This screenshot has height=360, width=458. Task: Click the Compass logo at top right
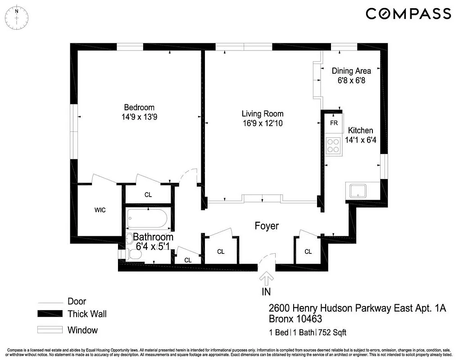pos(408,14)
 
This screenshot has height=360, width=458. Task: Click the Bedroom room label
pos(139,108)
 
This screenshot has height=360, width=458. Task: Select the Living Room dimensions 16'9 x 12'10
pos(263,123)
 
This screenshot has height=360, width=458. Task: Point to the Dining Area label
pos(351,71)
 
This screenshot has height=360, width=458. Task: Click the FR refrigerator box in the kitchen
pos(334,123)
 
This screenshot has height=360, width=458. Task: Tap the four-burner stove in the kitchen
pos(333,145)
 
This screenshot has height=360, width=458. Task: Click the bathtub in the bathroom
pos(147,219)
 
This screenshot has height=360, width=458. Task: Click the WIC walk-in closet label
pos(100,210)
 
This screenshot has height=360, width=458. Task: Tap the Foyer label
pos(267,226)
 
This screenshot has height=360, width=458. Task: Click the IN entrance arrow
pos(267,279)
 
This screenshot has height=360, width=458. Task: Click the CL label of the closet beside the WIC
pos(148,195)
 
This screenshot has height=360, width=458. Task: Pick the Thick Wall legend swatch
pos(50,314)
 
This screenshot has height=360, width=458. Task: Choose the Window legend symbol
pos(50,330)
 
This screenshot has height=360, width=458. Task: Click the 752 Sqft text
pos(333,333)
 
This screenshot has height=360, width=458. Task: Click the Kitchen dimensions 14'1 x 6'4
pos(360,140)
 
